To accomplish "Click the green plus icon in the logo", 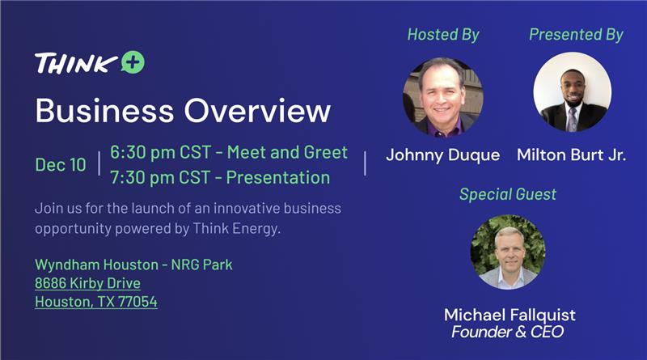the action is tap(133, 62).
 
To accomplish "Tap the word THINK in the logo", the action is tap(76, 63).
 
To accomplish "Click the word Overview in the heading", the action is tap(257, 111).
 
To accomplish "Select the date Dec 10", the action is tap(61, 165).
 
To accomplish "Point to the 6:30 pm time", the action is tap(140, 152).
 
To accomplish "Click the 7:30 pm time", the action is tap(140, 177).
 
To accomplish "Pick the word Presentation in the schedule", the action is tap(278, 177).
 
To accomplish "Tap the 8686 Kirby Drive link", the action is tap(87, 283).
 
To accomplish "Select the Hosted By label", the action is tap(443, 34).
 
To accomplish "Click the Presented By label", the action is tap(576, 34).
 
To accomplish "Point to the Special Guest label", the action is tap(508, 194).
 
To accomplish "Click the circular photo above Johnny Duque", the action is tap(442, 97).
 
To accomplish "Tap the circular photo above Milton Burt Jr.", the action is tap(573, 91).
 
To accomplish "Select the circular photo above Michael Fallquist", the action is tap(508, 252).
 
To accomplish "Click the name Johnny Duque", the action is tap(442, 155).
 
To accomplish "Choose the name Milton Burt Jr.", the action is tap(572, 155).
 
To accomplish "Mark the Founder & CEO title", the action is tap(508, 332).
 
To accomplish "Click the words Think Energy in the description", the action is tap(236, 228).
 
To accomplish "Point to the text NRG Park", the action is tap(201, 265).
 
